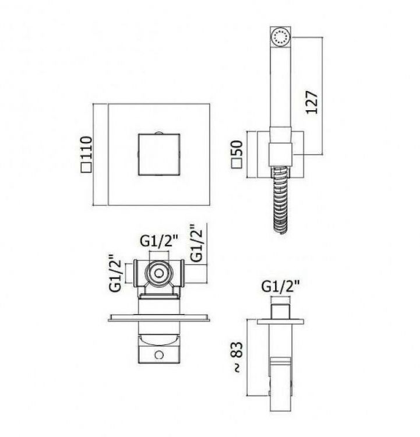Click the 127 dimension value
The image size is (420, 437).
(x=312, y=102)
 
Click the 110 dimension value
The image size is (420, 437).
(x=86, y=148)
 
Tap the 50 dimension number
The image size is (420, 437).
(x=238, y=148)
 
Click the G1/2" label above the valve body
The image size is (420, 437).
(x=159, y=242)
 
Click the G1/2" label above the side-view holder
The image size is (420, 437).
(x=281, y=286)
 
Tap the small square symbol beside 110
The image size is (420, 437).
(x=86, y=168)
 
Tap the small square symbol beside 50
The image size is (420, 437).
(x=237, y=163)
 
